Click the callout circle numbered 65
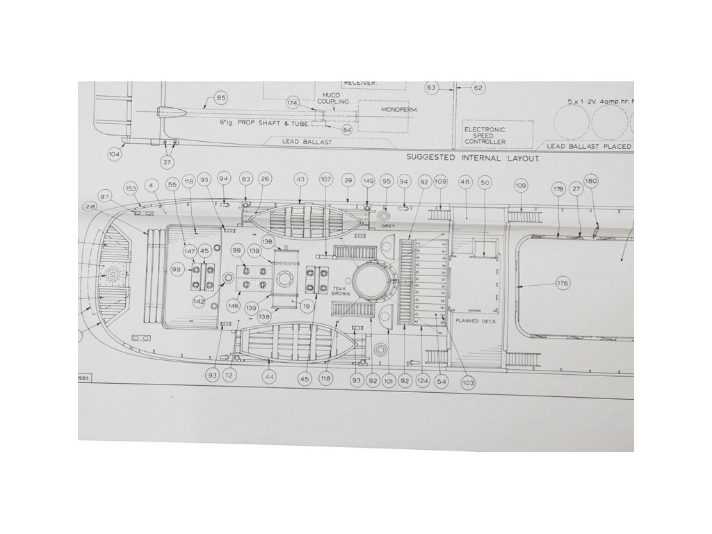pos(221,98)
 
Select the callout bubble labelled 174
pos(293,102)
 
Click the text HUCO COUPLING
pos(332,98)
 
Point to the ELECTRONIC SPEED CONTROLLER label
pos(485,135)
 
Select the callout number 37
pos(167,162)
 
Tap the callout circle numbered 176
pos(563,284)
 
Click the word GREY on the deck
pos(388,226)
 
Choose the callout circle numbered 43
pos(300,179)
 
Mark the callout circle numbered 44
pos(269,376)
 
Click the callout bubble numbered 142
pos(200,300)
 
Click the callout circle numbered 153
pos(131,189)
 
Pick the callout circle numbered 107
pos(326,179)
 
